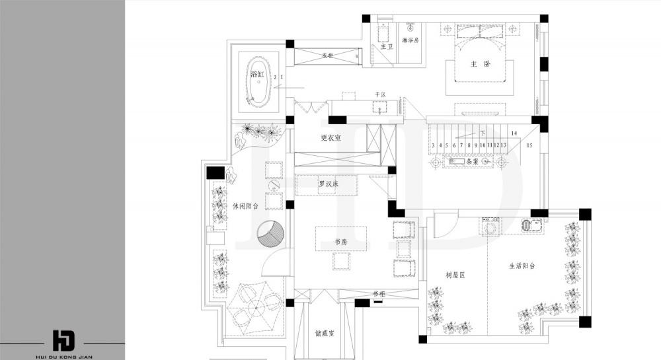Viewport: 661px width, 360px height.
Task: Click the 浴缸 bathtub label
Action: click(256, 75)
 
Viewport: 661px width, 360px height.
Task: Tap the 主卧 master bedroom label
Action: click(481, 64)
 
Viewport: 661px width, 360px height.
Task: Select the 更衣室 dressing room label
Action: click(330, 137)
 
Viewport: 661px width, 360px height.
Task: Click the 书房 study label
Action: click(341, 242)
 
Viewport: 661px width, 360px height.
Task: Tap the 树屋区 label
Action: click(456, 274)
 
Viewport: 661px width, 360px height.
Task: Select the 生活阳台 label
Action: click(522, 266)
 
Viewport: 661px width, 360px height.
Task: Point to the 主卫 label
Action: click(386, 46)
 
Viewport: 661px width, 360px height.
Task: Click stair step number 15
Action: click(529, 145)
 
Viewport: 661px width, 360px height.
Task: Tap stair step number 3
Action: click(433, 145)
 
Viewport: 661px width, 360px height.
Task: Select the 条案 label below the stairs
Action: click(471, 161)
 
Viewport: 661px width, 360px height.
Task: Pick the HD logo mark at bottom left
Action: click(64, 339)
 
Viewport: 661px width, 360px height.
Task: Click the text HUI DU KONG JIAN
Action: click(64, 355)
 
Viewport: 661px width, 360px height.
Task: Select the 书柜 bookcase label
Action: click(378, 294)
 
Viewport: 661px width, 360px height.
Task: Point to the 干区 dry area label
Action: click(380, 95)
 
